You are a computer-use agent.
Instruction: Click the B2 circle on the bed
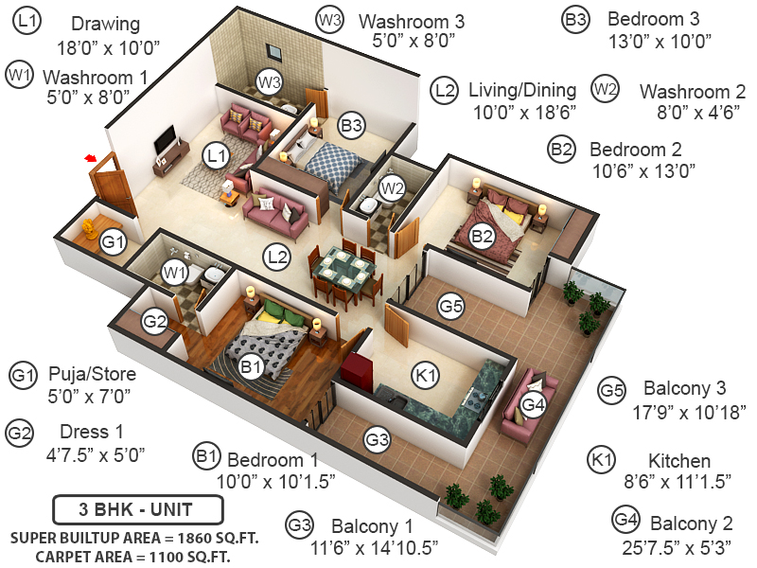pyautogui.click(x=483, y=236)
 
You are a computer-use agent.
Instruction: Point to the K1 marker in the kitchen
pyautogui.click(x=428, y=376)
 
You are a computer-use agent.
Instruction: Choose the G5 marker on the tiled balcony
pyautogui.click(x=451, y=306)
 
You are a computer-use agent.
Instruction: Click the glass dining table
pyautogui.click(x=343, y=269)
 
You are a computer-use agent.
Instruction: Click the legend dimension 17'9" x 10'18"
pyautogui.click(x=689, y=412)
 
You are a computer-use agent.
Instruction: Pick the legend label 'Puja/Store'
pyautogui.click(x=92, y=373)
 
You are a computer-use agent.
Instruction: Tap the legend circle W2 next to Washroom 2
pyautogui.click(x=605, y=90)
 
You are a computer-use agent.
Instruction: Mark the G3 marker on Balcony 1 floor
pyautogui.click(x=378, y=439)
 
